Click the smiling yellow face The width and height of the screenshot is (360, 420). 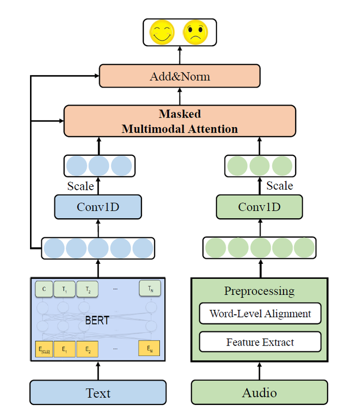(x=162, y=32)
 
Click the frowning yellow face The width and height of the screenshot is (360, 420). (x=195, y=32)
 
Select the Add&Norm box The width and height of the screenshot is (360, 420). (x=179, y=76)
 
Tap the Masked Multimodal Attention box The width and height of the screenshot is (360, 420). (x=179, y=121)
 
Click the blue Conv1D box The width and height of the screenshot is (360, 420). (x=98, y=207)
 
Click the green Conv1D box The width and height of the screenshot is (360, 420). (x=259, y=207)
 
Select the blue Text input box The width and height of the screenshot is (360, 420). (x=98, y=392)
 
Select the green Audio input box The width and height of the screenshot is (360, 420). (x=259, y=392)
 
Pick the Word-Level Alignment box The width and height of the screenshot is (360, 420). (x=260, y=314)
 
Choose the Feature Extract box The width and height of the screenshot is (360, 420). (x=260, y=342)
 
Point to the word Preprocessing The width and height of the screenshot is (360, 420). (x=259, y=291)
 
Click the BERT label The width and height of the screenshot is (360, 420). (x=97, y=320)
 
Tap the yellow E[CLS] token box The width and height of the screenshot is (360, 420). (x=44, y=348)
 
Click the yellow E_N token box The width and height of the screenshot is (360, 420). (x=149, y=348)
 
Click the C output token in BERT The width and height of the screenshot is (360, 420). (x=44, y=289)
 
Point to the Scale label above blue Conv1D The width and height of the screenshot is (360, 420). (x=80, y=186)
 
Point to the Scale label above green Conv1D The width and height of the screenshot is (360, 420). (x=279, y=186)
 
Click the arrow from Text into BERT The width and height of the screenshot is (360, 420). (x=98, y=371)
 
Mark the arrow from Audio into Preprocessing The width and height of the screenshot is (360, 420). (x=259, y=371)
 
